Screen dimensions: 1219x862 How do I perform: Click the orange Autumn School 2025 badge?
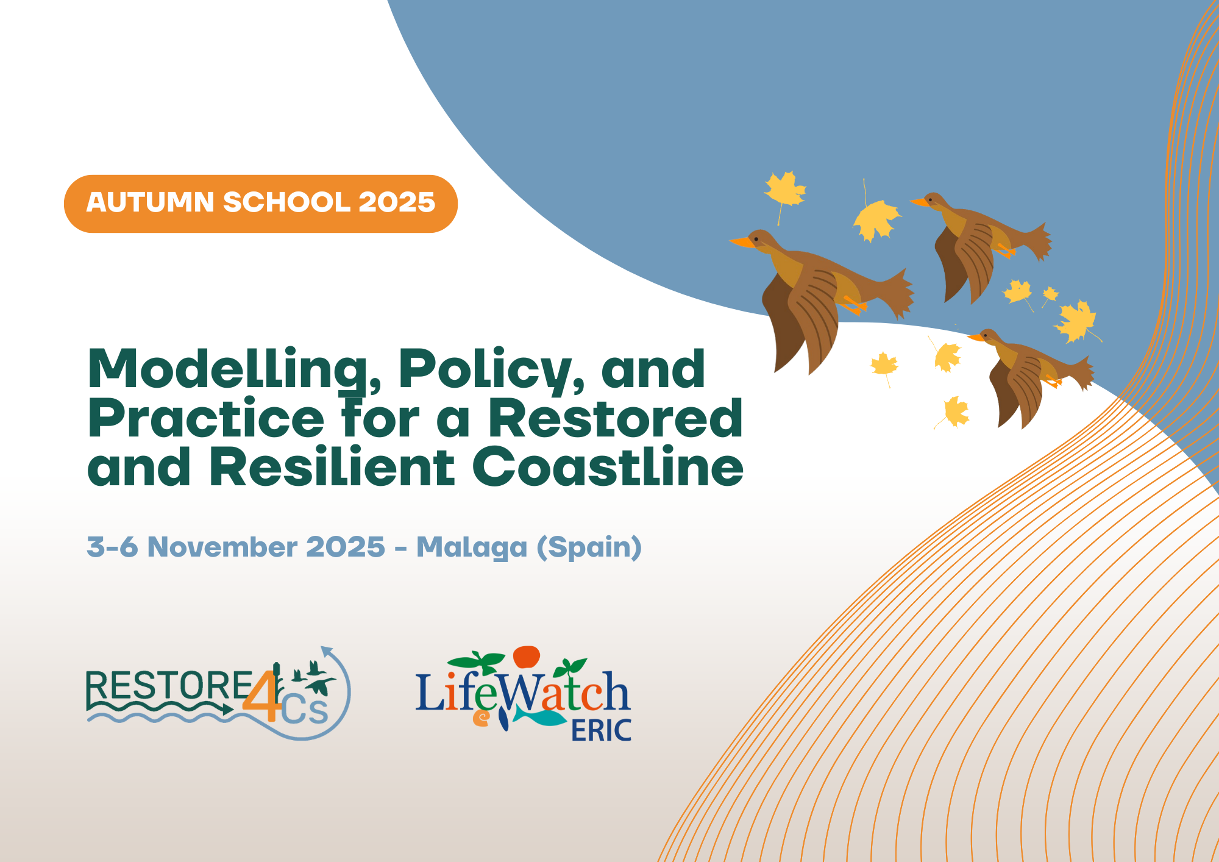(261, 204)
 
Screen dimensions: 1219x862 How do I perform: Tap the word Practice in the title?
(206, 418)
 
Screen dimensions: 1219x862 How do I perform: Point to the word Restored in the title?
(616, 418)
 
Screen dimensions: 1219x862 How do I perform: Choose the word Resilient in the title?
(332, 466)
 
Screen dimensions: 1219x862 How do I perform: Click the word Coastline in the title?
(608, 466)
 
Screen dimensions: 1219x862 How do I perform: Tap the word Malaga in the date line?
(472, 547)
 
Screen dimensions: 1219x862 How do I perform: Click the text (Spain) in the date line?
(589, 547)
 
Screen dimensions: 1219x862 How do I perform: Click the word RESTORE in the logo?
(169, 685)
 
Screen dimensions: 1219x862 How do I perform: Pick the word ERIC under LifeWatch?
(601, 730)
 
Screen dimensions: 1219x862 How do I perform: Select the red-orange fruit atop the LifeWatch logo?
(527, 657)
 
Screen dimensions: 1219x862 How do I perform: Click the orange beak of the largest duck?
(741, 242)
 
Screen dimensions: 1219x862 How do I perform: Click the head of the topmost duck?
(933, 201)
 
